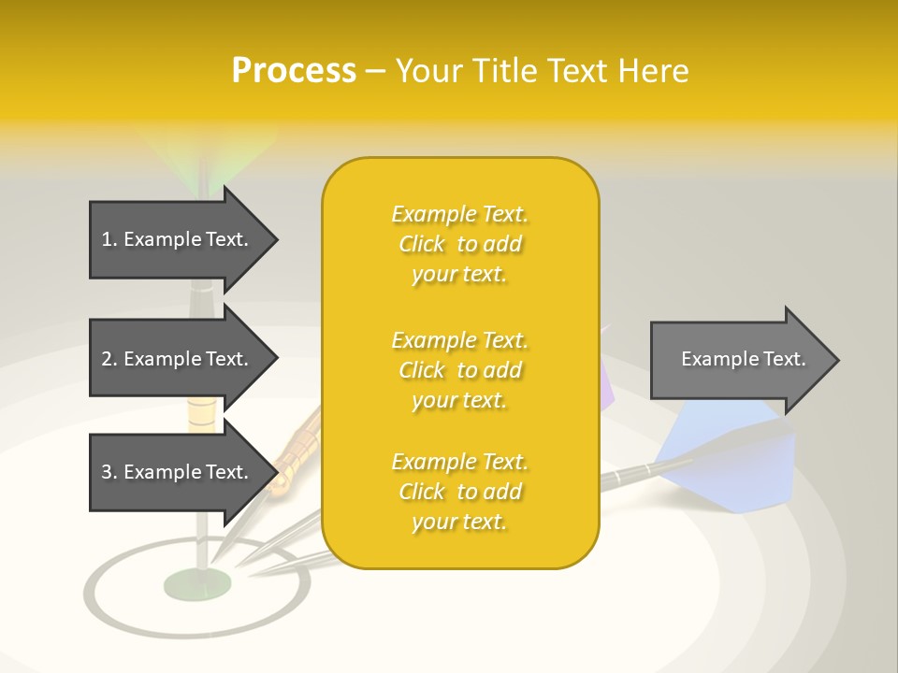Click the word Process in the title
[x=294, y=71]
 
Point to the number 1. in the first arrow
[x=109, y=239]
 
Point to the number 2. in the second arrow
[x=109, y=359]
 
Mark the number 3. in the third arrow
[x=109, y=472]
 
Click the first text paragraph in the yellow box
[x=460, y=244]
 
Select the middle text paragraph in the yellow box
[x=460, y=370]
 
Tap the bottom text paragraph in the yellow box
[x=460, y=492]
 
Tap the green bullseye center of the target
[x=197, y=585]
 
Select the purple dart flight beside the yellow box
[x=606, y=383]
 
